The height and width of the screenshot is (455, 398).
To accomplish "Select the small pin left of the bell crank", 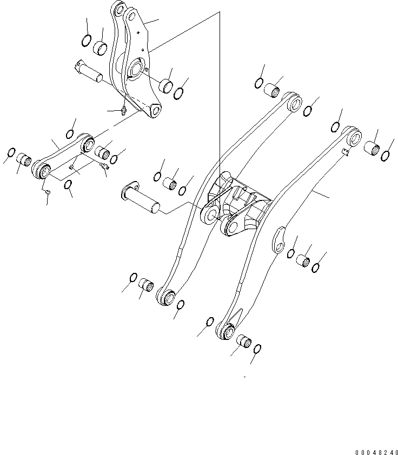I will coord(88,71).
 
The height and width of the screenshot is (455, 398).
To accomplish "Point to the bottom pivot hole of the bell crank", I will coord(155,112).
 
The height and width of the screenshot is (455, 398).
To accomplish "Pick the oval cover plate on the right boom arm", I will coord(279,239).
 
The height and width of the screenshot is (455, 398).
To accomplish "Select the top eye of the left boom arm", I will coord(294,103).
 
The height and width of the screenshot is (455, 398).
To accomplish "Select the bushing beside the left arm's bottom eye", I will coord(146,284).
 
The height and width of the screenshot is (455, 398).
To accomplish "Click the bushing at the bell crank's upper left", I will coord(101,48).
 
